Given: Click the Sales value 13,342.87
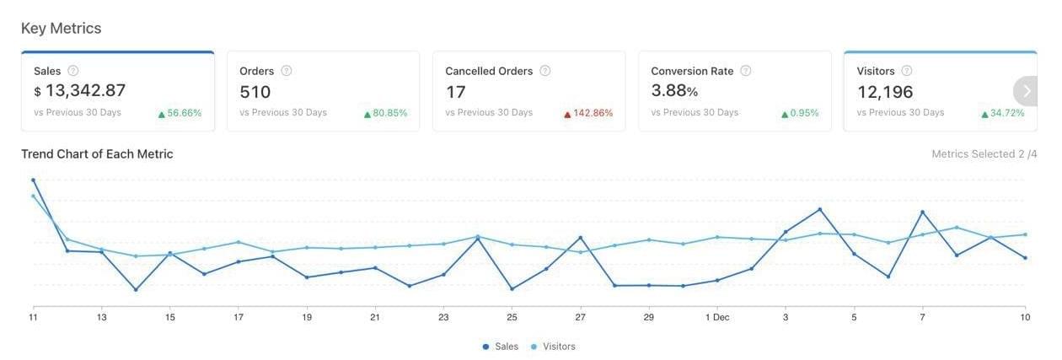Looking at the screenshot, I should tap(85, 91).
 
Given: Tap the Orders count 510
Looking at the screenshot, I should tap(255, 91).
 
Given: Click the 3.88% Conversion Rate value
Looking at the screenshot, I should tap(674, 90).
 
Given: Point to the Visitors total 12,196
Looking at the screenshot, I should tap(885, 91).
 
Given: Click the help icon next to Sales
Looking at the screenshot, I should tap(73, 71).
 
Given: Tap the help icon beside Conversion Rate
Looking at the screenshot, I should tap(746, 71).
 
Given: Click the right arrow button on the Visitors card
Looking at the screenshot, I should tap(1027, 91).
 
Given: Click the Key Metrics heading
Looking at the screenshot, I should tap(61, 28).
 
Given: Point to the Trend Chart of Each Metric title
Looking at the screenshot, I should tap(97, 153).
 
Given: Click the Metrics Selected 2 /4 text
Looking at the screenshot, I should tap(984, 153).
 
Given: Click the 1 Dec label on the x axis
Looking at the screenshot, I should tap(718, 318).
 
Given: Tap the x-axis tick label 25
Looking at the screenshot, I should tap(512, 318).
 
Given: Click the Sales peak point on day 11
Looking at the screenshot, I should tap(34, 180).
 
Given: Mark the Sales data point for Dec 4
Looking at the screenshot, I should tap(820, 209).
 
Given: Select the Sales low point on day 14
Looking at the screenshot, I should tap(136, 290).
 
